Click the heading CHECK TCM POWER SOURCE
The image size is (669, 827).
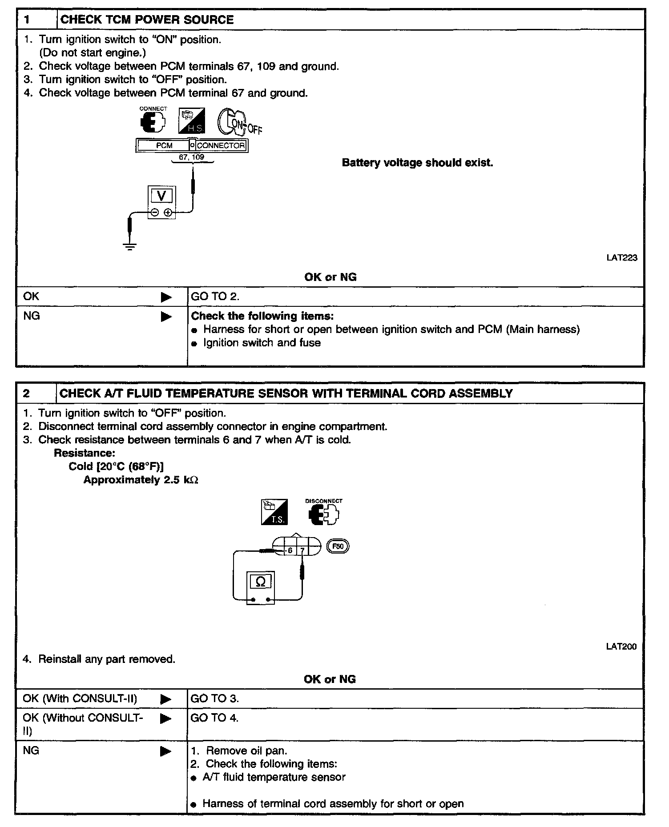tap(147, 20)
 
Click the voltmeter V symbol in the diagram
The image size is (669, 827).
tap(162, 196)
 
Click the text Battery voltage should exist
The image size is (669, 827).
tap(417, 163)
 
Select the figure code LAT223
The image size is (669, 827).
tap(621, 257)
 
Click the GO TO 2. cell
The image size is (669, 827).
tap(215, 297)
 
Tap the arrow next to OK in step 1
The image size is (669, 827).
tap(166, 297)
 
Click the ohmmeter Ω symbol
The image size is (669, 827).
tap(261, 582)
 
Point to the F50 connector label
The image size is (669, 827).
tap(338, 546)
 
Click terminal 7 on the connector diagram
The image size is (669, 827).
tap(302, 550)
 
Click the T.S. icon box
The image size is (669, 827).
tap(274, 512)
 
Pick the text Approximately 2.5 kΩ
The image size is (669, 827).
tap(141, 480)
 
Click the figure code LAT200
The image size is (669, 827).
tap(621, 646)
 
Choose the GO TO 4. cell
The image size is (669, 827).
tap(214, 718)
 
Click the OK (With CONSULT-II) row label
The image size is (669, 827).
tap(80, 699)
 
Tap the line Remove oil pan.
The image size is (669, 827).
tap(246, 751)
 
